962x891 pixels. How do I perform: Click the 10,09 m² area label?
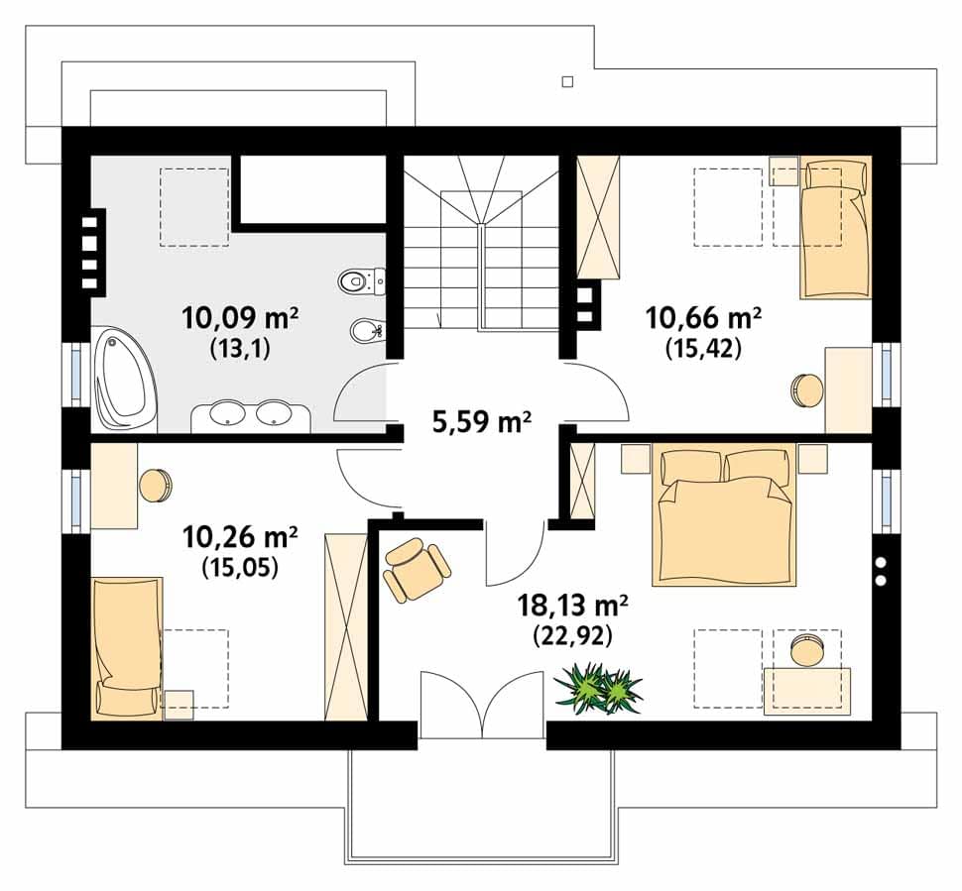click(x=240, y=317)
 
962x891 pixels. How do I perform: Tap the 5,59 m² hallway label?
click(x=482, y=422)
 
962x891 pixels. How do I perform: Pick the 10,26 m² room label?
click(x=240, y=536)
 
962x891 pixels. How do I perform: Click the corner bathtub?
click(x=125, y=379)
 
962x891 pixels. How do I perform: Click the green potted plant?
click(x=598, y=688)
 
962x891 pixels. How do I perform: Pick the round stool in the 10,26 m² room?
click(x=156, y=485)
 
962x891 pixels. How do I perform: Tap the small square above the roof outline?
click(x=567, y=81)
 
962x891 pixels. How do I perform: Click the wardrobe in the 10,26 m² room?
click(x=346, y=625)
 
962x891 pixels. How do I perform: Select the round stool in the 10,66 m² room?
click(x=806, y=390)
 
